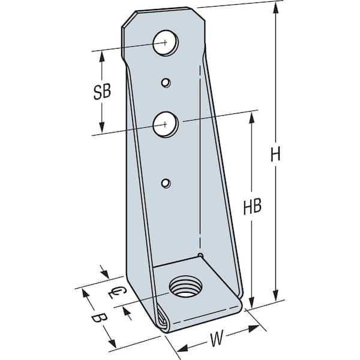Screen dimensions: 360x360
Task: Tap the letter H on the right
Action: coord(275,155)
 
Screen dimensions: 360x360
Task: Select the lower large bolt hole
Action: coord(164,124)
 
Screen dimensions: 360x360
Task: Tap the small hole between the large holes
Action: coord(166,82)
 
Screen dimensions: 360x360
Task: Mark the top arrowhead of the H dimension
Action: coord(275,7)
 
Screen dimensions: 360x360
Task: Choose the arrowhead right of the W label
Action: coord(254,328)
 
